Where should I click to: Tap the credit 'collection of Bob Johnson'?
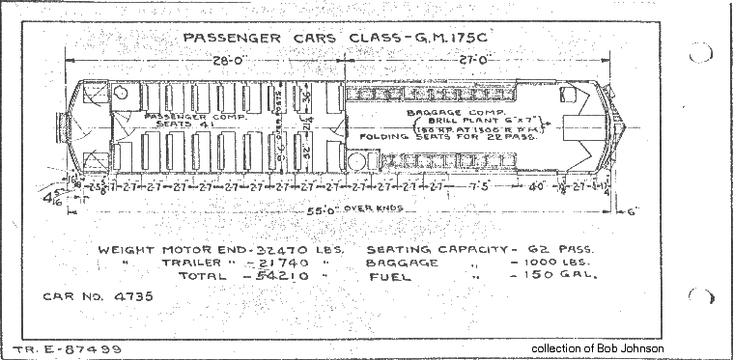pyautogui.click(x=598, y=347)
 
